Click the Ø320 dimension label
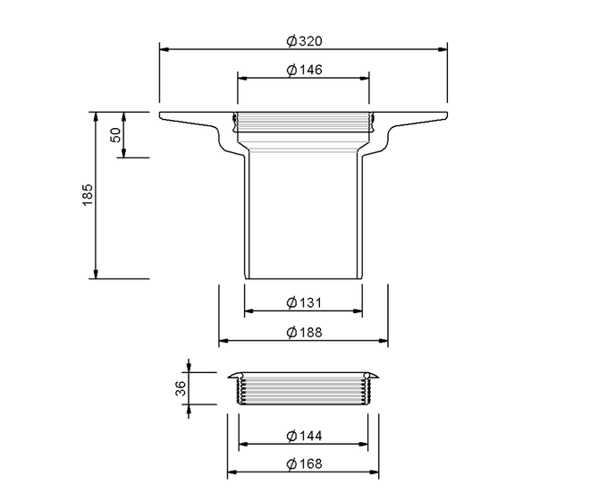305,40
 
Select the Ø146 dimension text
305,70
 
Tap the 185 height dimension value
87,195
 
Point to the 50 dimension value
115,135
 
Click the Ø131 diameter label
305,302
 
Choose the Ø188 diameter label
305,332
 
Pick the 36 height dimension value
181,388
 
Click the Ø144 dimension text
305,436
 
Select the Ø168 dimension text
305,464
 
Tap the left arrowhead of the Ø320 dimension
164,49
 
